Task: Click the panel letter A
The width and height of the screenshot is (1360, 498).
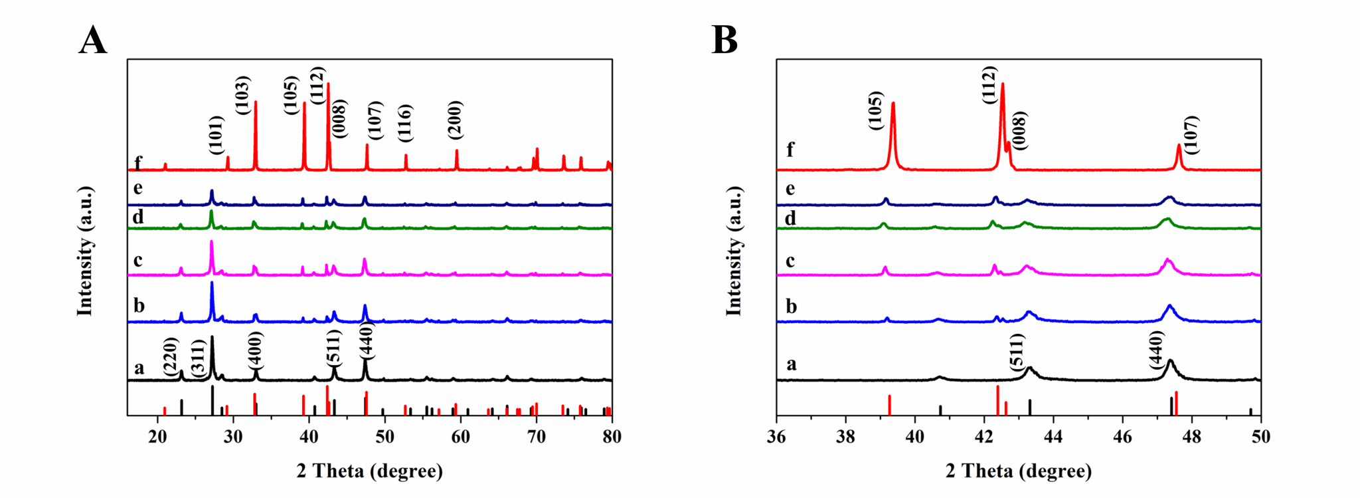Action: [93, 41]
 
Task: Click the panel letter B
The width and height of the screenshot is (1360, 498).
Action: [724, 41]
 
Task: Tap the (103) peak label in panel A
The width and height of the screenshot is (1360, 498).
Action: [242, 95]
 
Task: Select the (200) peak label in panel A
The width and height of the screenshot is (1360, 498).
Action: [455, 120]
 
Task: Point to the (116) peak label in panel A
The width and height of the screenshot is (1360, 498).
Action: [405, 123]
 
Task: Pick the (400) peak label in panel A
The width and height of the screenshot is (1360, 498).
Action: [255, 350]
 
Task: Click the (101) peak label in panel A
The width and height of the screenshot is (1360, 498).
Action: [216, 135]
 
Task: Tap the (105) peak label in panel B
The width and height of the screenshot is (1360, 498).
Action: [875, 110]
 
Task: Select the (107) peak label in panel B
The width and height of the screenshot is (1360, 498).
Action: [1191, 135]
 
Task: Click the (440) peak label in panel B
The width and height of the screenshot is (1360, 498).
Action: [1156, 350]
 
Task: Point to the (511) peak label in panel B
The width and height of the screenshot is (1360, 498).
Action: [1017, 352]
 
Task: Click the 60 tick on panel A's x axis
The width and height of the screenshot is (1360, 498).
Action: [460, 436]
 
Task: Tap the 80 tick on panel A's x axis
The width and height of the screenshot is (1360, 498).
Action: [612, 436]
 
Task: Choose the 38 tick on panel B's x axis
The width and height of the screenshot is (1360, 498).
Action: [845, 436]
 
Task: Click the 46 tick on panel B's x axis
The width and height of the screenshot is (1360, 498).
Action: [1122, 436]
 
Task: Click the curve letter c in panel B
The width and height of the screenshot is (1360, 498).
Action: [790, 261]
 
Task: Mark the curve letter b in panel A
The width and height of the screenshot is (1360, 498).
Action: [139, 305]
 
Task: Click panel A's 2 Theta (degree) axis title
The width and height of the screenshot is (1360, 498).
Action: [369, 471]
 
